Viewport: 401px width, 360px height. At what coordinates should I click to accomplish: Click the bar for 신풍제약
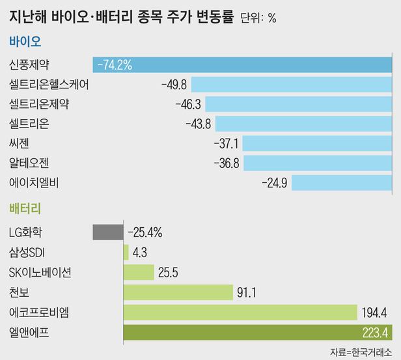[260, 64]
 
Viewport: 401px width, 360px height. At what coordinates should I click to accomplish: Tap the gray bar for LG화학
[108, 232]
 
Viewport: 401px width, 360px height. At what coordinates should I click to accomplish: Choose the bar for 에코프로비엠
[240, 312]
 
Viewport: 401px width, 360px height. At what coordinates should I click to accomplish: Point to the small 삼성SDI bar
[126, 252]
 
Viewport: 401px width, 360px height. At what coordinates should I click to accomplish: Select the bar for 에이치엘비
[342, 182]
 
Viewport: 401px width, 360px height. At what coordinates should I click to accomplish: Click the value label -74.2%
[115, 64]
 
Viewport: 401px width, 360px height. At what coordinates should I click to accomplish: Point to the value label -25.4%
[145, 232]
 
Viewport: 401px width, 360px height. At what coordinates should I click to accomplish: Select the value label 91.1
[247, 293]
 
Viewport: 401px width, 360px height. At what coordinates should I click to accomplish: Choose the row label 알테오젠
[29, 163]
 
